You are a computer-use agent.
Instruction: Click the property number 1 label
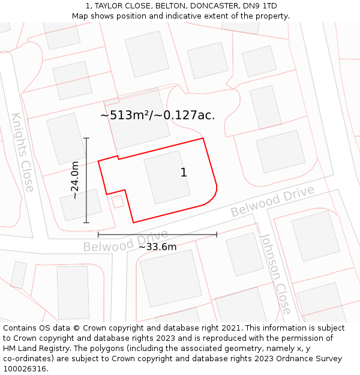pos(184,173)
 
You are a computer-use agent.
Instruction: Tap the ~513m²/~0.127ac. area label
pos(157,115)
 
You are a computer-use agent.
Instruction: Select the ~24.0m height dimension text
pos(75,180)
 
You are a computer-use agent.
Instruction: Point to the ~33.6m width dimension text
pos(158,247)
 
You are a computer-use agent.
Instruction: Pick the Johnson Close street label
pos(275,274)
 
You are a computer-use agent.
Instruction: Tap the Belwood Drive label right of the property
pos(272,202)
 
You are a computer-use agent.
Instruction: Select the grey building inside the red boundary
pos(167,176)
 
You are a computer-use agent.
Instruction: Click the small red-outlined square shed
pos(118,202)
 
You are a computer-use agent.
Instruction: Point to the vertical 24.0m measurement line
pos(86,180)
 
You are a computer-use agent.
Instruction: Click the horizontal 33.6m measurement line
pos(157,235)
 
